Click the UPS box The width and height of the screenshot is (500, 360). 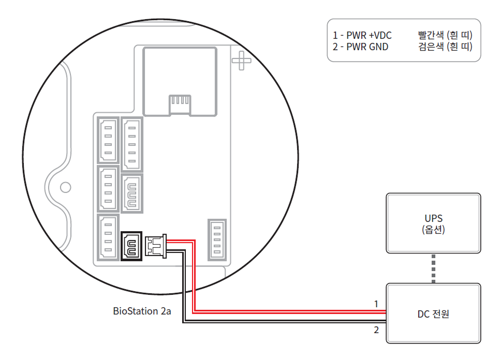click(x=433, y=223)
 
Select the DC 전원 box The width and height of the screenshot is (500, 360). click(x=433, y=313)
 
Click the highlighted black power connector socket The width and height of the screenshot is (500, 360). click(x=131, y=246)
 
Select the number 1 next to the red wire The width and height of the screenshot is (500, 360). click(x=377, y=304)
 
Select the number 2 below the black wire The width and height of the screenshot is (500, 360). click(x=377, y=329)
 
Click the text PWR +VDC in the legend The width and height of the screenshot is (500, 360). click(x=370, y=35)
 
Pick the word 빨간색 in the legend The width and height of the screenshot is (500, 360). click(x=432, y=35)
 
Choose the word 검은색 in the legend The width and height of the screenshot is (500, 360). click(x=432, y=47)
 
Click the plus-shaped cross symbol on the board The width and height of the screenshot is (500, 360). click(x=241, y=61)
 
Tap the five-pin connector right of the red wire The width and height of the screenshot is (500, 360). click(x=216, y=239)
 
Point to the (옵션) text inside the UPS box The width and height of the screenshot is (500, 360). click(x=433, y=229)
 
